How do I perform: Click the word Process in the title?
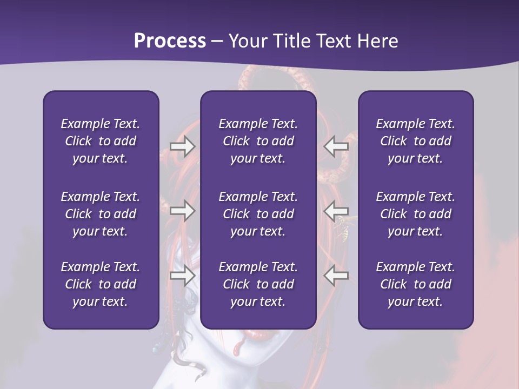click(x=170, y=41)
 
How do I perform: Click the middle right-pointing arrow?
click(x=183, y=210)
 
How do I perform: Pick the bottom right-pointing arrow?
click(x=183, y=276)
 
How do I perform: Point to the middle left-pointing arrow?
click(x=336, y=210)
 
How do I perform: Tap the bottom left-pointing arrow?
click(x=336, y=276)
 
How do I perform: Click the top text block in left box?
click(x=101, y=141)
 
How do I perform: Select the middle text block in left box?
click(x=101, y=214)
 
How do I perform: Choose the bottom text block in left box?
click(x=101, y=284)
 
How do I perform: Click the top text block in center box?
click(x=258, y=141)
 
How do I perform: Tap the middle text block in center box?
click(x=258, y=214)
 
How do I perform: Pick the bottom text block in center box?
click(x=258, y=284)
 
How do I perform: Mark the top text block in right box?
click(x=415, y=141)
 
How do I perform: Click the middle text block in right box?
click(x=415, y=214)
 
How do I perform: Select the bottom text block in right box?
click(x=415, y=284)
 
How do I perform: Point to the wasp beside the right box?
click(x=343, y=227)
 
